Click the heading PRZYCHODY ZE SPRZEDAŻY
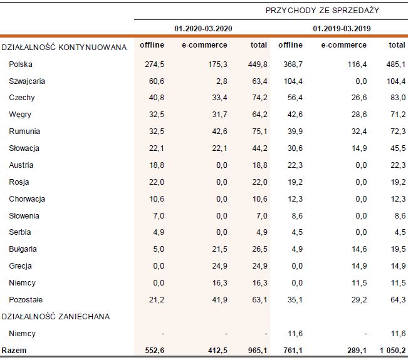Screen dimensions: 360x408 click(x=322, y=11)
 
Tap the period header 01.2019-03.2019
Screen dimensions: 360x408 click(x=338, y=28)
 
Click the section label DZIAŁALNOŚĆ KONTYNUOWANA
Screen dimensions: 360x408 click(x=65, y=47)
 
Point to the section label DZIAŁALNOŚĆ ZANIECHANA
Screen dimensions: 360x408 click(x=56, y=317)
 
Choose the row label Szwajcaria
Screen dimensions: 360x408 click(x=27, y=81)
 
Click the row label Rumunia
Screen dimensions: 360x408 click(x=24, y=131)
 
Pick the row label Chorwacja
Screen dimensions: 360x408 click(x=27, y=199)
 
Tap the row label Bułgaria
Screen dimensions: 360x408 click(x=23, y=249)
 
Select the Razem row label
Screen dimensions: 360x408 click(x=14, y=350)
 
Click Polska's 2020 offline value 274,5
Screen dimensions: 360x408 click(x=154, y=64)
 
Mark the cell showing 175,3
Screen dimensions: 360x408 click(x=217, y=64)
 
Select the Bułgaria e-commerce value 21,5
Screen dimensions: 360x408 click(x=220, y=249)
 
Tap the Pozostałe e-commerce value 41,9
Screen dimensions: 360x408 click(x=220, y=300)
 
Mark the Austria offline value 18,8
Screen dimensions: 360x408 click(x=157, y=165)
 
